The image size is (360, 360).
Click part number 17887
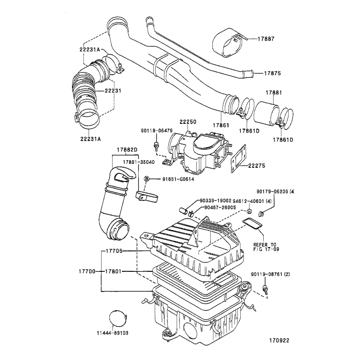(x=266, y=39)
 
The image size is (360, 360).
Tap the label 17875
(x=272, y=73)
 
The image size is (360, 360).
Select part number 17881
(x=274, y=93)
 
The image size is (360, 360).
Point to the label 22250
(x=188, y=121)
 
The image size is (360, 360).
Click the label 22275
(x=256, y=166)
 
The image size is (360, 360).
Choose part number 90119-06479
(x=157, y=130)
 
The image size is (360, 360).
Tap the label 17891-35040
(x=139, y=162)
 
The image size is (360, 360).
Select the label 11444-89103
(x=112, y=333)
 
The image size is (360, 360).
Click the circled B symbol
(x=147, y=179)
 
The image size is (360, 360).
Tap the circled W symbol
(x=250, y=211)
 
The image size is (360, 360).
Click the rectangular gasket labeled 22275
(x=238, y=159)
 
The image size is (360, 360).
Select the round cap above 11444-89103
(x=117, y=318)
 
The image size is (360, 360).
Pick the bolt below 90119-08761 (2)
(x=265, y=289)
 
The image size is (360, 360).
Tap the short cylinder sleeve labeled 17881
(x=266, y=114)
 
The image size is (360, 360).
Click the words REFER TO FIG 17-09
(x=266, y=247)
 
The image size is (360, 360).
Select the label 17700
(x=87, y=271)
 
